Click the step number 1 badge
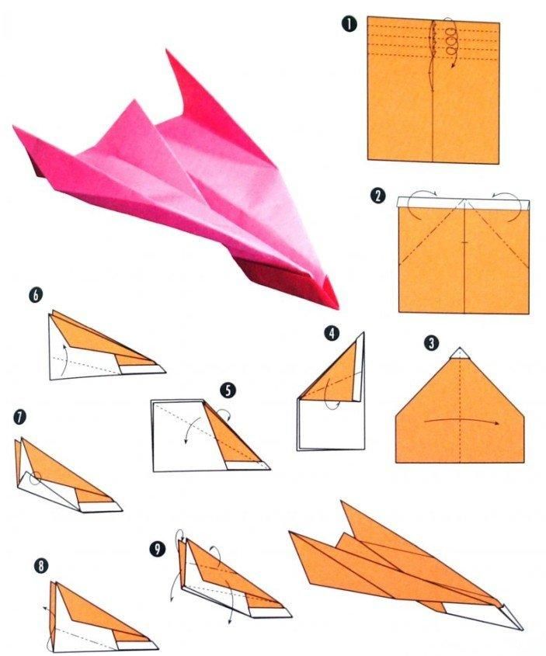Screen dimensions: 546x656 (x=350, y=24)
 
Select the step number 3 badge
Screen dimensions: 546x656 (x=431, y=343)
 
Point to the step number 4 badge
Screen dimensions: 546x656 (x=332, y=334)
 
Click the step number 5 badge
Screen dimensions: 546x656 (x=228, y=390)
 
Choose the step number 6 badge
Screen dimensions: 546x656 (x=36, y=295)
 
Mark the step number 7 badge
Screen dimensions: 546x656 (x=19, y=418)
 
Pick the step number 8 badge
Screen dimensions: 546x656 (x=41, y=566)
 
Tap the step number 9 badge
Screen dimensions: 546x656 (x=158, y=550)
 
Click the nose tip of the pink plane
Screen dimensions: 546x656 (x=337, y=308)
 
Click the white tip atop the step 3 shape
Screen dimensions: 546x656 (x=460, y=353)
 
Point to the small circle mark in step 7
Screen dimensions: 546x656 (x=36, y=478)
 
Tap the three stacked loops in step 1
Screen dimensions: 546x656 (x=450, y=41)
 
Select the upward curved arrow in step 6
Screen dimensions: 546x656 (x=64, y=359)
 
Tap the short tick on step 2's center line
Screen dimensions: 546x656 (x=464, y=241)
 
